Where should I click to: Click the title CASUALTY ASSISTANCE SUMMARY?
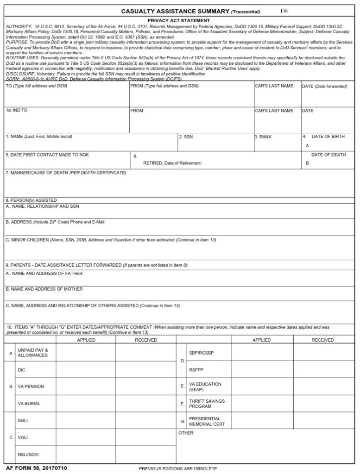[175, 11]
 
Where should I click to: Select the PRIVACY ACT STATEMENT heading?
[178, 20]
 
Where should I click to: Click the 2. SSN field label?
[186, 137]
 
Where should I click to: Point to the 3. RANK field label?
[263, 137]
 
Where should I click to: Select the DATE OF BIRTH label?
[328, 137]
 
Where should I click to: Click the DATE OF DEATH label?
[328, 155]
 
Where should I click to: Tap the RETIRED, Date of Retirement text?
[172, 163]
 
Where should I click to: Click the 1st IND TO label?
[17, 111]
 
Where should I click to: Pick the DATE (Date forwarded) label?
[324, 86]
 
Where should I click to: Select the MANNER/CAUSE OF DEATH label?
[65, 173]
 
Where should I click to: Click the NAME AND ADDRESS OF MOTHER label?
[44, 289]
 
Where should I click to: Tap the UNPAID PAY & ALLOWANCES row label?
[32, 353]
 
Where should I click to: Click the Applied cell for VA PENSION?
[86, 387]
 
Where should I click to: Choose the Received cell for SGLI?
[146, 421]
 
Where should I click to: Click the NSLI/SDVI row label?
[29, 454]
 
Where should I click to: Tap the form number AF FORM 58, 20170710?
[37, 468]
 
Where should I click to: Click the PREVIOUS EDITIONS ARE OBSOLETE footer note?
[178, 468]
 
